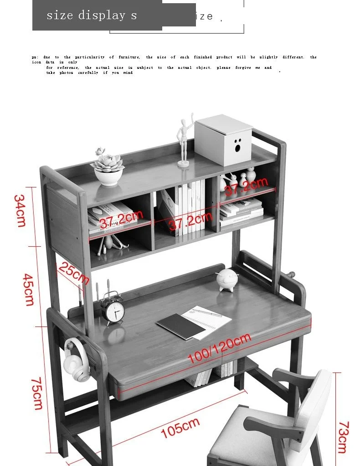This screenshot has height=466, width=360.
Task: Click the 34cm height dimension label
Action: tap(20, 211)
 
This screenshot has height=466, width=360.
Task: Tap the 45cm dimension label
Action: tap(28, 290)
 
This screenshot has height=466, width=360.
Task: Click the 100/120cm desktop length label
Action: tap(219, 348)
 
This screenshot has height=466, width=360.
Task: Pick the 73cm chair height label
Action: tap(343, 437)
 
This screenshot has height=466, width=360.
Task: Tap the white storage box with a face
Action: tap(224, 139)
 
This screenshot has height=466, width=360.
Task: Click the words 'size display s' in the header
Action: tap(92, 16)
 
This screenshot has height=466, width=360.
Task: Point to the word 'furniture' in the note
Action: tap(129, 57)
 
